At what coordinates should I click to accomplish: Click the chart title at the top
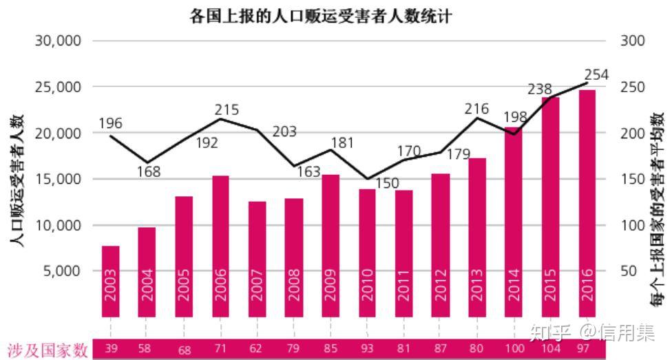[x=321, y=16]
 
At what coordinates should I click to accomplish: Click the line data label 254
[x=596, y=75]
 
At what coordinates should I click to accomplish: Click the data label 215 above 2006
[x=227, y=109]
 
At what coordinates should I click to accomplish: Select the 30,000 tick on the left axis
[x=58, y=41]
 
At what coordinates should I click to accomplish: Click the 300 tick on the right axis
[x=633, y=41]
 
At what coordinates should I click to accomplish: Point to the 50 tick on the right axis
[x=629, y=271]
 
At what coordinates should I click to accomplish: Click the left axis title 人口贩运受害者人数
[x=17, y=181]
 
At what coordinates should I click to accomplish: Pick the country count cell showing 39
[x=111, y=349]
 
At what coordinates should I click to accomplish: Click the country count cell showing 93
[x=367, y=349]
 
